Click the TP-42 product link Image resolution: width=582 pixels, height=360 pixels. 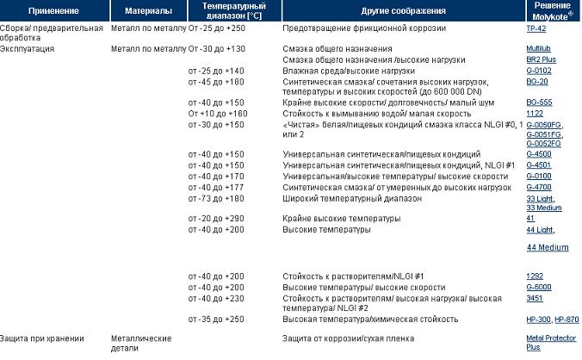pyautogui.click(x=536, y=28)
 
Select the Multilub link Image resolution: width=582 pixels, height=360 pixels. pyautogui.click(x=539, y=49)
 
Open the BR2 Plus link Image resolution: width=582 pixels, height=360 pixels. pyautogui.click(x=541, y=59)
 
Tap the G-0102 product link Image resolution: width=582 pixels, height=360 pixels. pyautogui.click(x=539, y=70)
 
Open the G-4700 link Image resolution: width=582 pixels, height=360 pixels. pyautogui.click(x=539, y=187)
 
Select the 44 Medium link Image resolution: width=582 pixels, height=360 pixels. pyautogui.click(x=548, y=247)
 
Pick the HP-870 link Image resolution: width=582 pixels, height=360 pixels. pyautogui.click(x=567, y=319)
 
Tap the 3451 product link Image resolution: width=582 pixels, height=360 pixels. pyautogui.click(x=535, y=297)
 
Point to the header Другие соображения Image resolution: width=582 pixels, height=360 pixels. pyautogui.click(x=403, y=11)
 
